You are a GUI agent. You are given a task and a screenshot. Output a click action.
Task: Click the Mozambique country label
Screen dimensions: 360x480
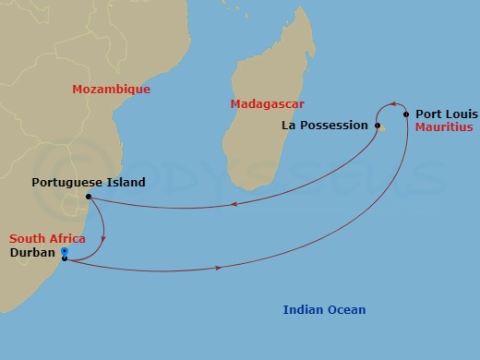111,90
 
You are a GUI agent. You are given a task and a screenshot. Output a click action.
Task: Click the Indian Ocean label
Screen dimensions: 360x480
324,310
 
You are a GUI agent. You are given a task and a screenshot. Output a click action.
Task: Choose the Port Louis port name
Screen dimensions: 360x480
446,114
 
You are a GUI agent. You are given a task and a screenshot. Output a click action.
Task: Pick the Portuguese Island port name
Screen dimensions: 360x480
89,183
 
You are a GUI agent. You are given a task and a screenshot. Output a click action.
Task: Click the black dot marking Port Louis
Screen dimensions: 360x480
406,114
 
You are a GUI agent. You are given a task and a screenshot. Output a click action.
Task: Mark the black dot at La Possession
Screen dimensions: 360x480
378,126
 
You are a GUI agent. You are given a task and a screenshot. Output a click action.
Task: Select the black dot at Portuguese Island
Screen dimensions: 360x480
88,197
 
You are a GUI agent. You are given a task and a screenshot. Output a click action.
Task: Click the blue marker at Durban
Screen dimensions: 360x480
64,252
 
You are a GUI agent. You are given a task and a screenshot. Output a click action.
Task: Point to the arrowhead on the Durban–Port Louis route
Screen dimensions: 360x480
219,268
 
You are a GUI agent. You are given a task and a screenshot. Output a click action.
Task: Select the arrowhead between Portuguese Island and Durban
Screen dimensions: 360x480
102,238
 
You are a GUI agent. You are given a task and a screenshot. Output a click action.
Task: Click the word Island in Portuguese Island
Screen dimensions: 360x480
126,183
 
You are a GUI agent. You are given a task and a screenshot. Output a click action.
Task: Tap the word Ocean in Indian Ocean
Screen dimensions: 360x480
348,310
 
